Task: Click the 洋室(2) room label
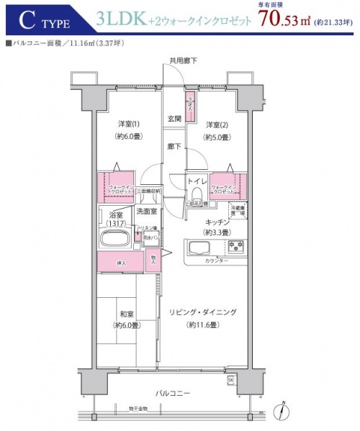(x=217, y=124)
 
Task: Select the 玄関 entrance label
(x=174, y=118)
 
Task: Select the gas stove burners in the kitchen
(x=235, y=248)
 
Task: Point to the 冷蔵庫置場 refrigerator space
(x=238, y=210)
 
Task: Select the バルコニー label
(x=174, y=394)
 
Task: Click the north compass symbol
(x=285, y=411)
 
